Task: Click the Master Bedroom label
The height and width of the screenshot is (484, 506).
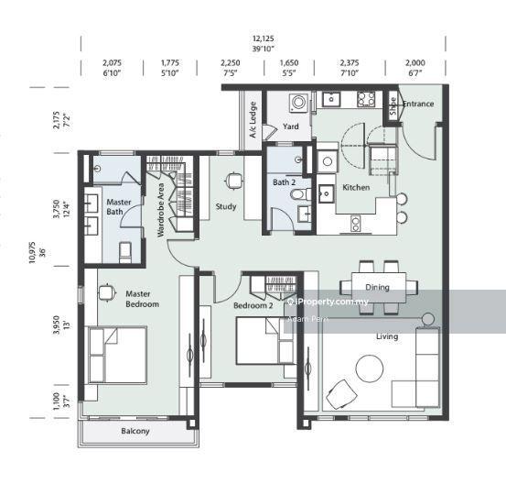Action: pos(142,299)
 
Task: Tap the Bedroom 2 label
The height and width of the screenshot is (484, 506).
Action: pos(253,304)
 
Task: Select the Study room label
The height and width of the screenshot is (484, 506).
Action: pos(226,206)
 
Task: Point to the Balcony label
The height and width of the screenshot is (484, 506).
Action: pos(135,431)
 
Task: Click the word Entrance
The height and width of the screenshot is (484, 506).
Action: pos(418,104)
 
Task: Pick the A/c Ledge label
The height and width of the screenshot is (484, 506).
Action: pos(253,116)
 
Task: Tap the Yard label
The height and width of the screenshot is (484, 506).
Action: pos(291,126)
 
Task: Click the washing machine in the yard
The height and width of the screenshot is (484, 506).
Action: pos(297,102)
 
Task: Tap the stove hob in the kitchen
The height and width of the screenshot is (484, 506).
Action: pos(368,98)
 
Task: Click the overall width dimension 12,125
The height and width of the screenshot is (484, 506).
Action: pos(264,38)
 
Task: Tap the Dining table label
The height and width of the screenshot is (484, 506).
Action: pos(377,287)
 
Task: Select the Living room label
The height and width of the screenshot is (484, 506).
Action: pos(387,336)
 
